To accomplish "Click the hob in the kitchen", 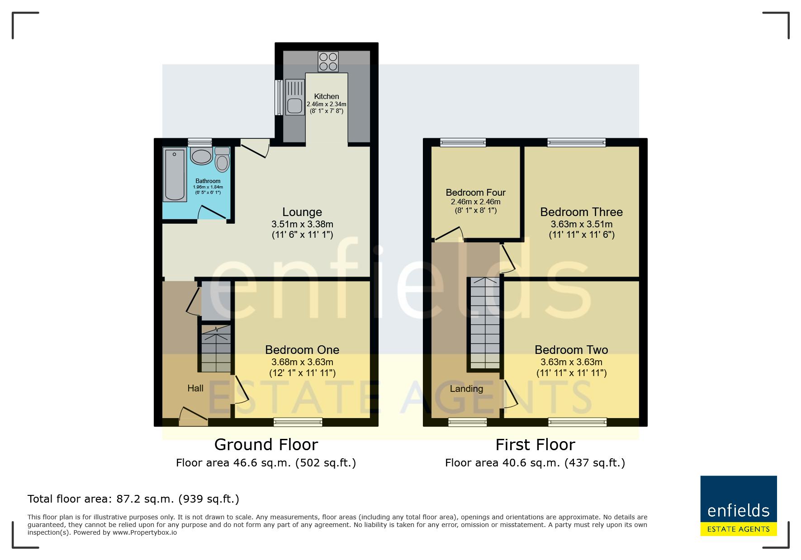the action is (x=328, y=62).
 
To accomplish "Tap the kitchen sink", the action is (x=294, y=97).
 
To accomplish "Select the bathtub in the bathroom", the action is (x=175, y=174).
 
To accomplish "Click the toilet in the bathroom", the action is (x=222, y=159).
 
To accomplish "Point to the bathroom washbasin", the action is (x=201, y=156).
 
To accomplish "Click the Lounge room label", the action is (x=302, y=212).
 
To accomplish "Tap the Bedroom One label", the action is (x=302, y=350).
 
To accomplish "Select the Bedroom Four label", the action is (x=476, y=193).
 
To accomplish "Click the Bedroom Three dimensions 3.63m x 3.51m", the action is (x=582, y=224).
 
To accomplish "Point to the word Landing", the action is (x=466, y=389).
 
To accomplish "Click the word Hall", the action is (x=195, y=388).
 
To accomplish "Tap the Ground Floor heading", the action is (x=266, y=445).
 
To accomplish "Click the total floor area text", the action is (x=133, y=499).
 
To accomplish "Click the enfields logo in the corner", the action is (x=739, y=506).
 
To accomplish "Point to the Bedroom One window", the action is (x=298, y=422).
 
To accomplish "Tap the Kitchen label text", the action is (x=327, y=96).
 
